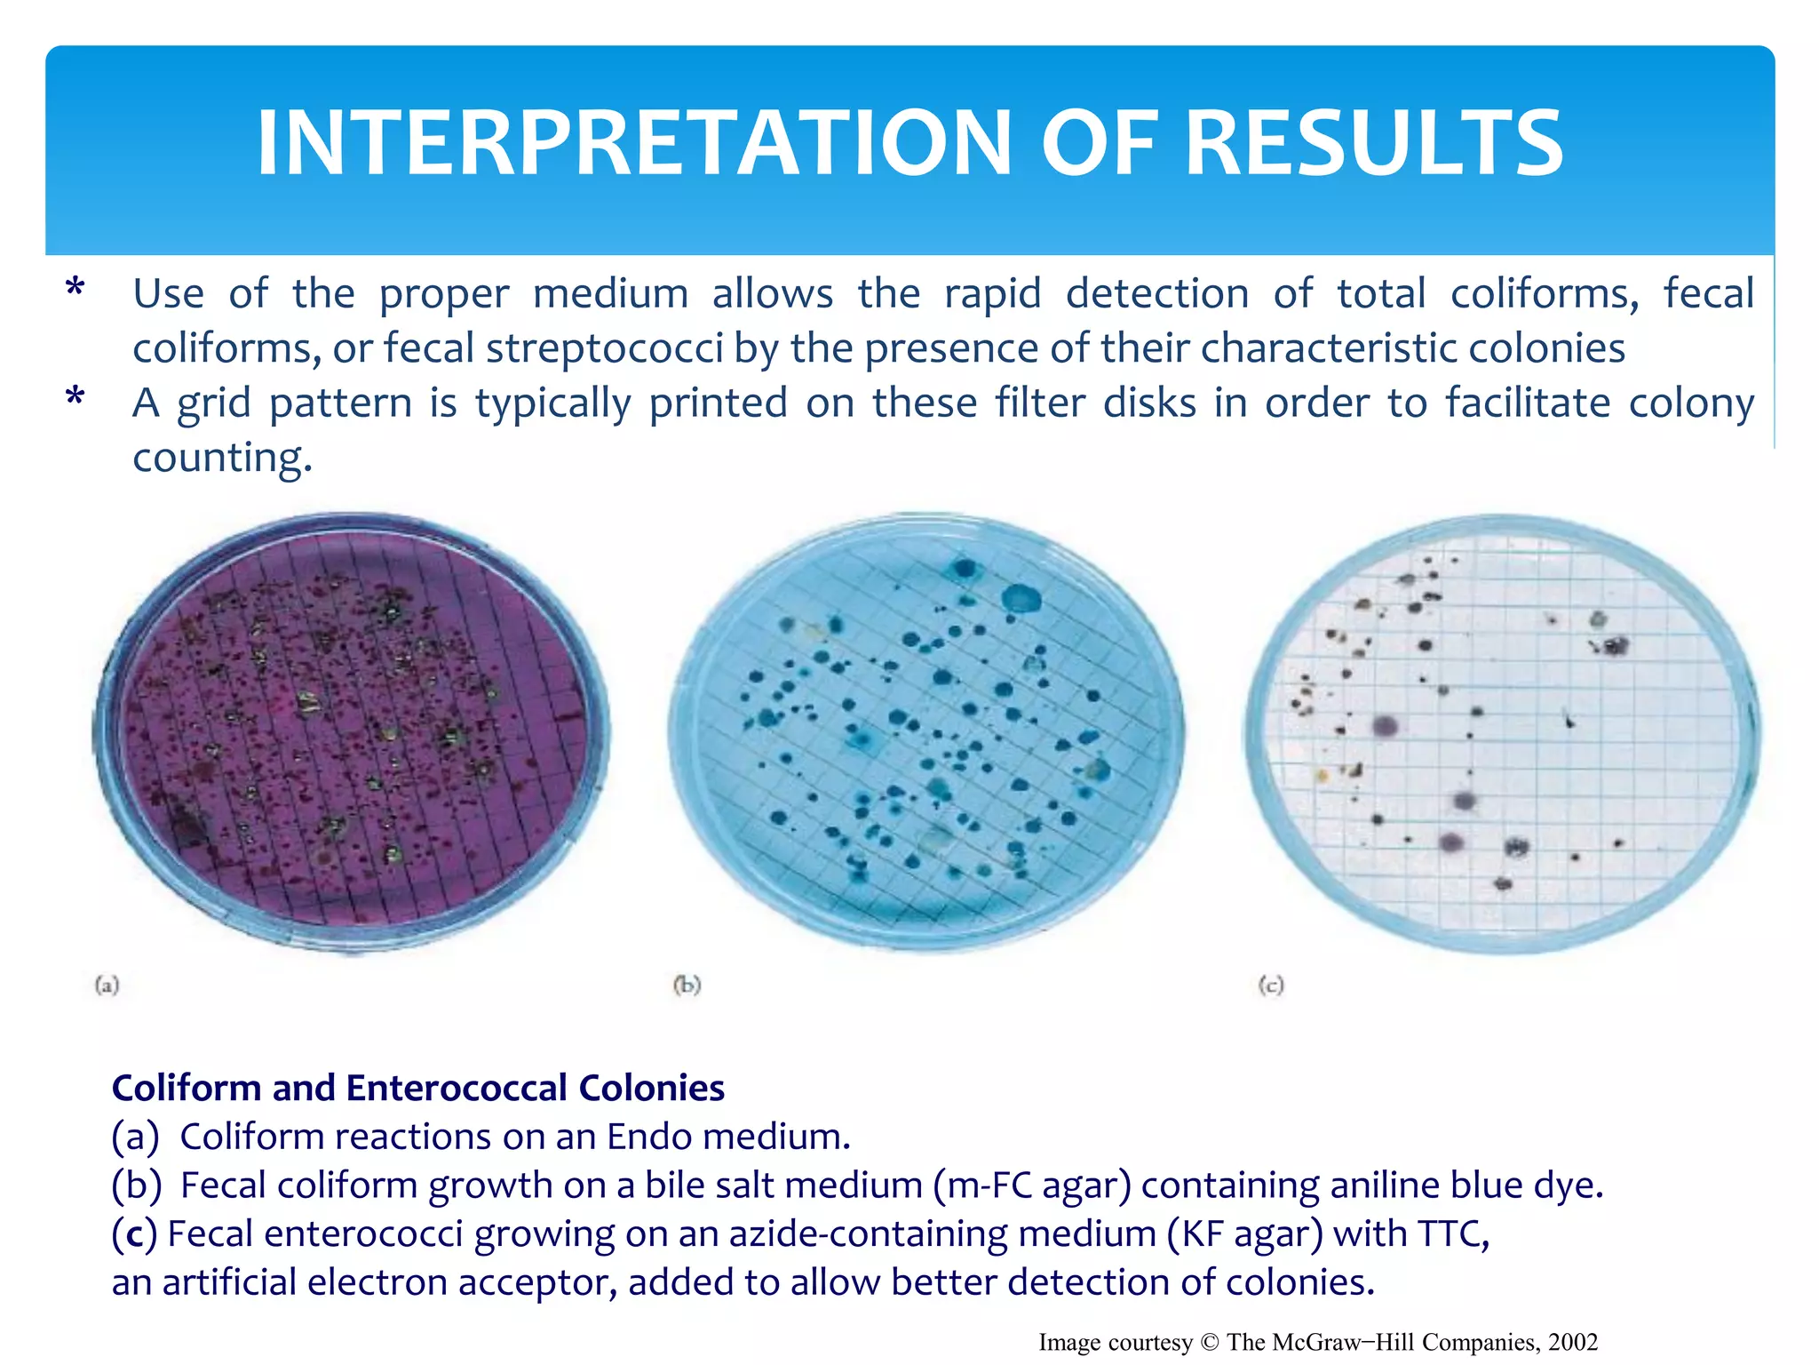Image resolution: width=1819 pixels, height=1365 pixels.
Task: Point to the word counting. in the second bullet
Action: pos(222,457)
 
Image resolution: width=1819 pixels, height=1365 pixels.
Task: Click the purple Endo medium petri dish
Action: pos(352,730)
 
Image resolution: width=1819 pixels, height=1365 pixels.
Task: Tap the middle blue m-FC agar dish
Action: pos(925,730)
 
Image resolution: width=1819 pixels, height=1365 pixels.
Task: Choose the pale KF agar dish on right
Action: pos(1501,733)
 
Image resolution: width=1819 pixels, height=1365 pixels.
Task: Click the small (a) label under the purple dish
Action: pos(107,985)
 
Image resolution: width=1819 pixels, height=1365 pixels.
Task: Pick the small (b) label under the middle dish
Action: pos(687,985)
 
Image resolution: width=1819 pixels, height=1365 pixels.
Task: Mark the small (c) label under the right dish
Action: pos(1271,985)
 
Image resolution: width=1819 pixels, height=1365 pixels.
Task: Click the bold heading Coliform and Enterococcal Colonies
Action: pos(417,1088)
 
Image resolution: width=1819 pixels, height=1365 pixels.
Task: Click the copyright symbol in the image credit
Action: pos(1209,1342)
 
